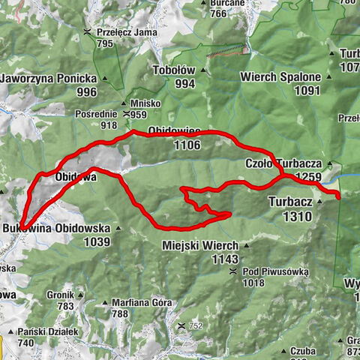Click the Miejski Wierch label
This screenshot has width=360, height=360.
point(200,245)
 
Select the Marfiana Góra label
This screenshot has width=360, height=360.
point(142,302)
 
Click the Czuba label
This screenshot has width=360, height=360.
point(303,350)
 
